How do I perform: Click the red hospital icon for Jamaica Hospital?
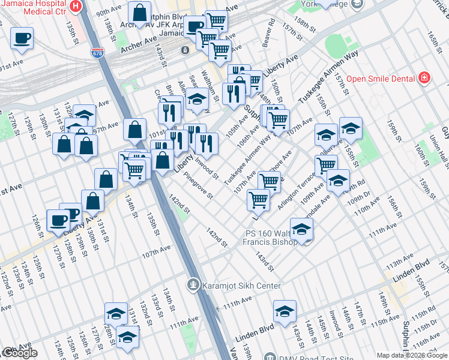point(75,7)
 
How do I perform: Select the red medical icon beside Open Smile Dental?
point(424,78)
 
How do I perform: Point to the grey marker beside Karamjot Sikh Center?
point(193,284)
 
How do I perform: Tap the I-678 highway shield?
point(96,53)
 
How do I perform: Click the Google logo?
point(19,353)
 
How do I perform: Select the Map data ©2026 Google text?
point(412,355)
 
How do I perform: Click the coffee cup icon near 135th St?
point(22,38)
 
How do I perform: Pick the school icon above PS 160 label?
point(301,229)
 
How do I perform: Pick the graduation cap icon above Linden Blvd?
point(285,311)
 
